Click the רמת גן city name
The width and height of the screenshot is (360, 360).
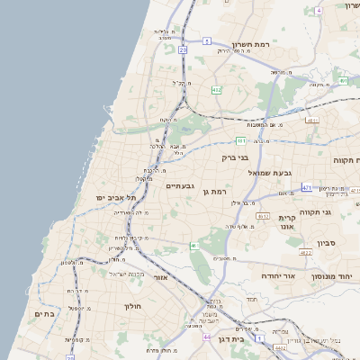click(x=219, y=191)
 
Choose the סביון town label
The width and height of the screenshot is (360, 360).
click(x=326, y=242)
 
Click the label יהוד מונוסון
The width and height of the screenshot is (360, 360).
click(x=338, y=276)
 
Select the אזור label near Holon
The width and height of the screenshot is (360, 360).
click(x=160, y=278)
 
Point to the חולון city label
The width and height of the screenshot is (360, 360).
click(x=131, y=306)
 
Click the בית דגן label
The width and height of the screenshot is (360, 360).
click(x=231, y=339)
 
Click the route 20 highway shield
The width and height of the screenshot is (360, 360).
click(x=183, y=50)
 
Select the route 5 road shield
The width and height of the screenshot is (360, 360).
click(x=206, y=40)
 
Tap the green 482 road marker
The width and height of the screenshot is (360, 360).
click(x=216, y=90)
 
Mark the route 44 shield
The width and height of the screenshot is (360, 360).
click(x=206, y=337)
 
